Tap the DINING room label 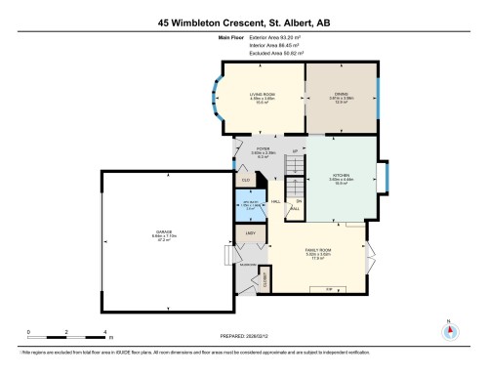[341, 94]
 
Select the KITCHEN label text [341, 177]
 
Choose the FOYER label [263, 148]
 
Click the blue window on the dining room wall [379, 100]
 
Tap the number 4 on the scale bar [105, 332]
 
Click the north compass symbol [448, 330]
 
